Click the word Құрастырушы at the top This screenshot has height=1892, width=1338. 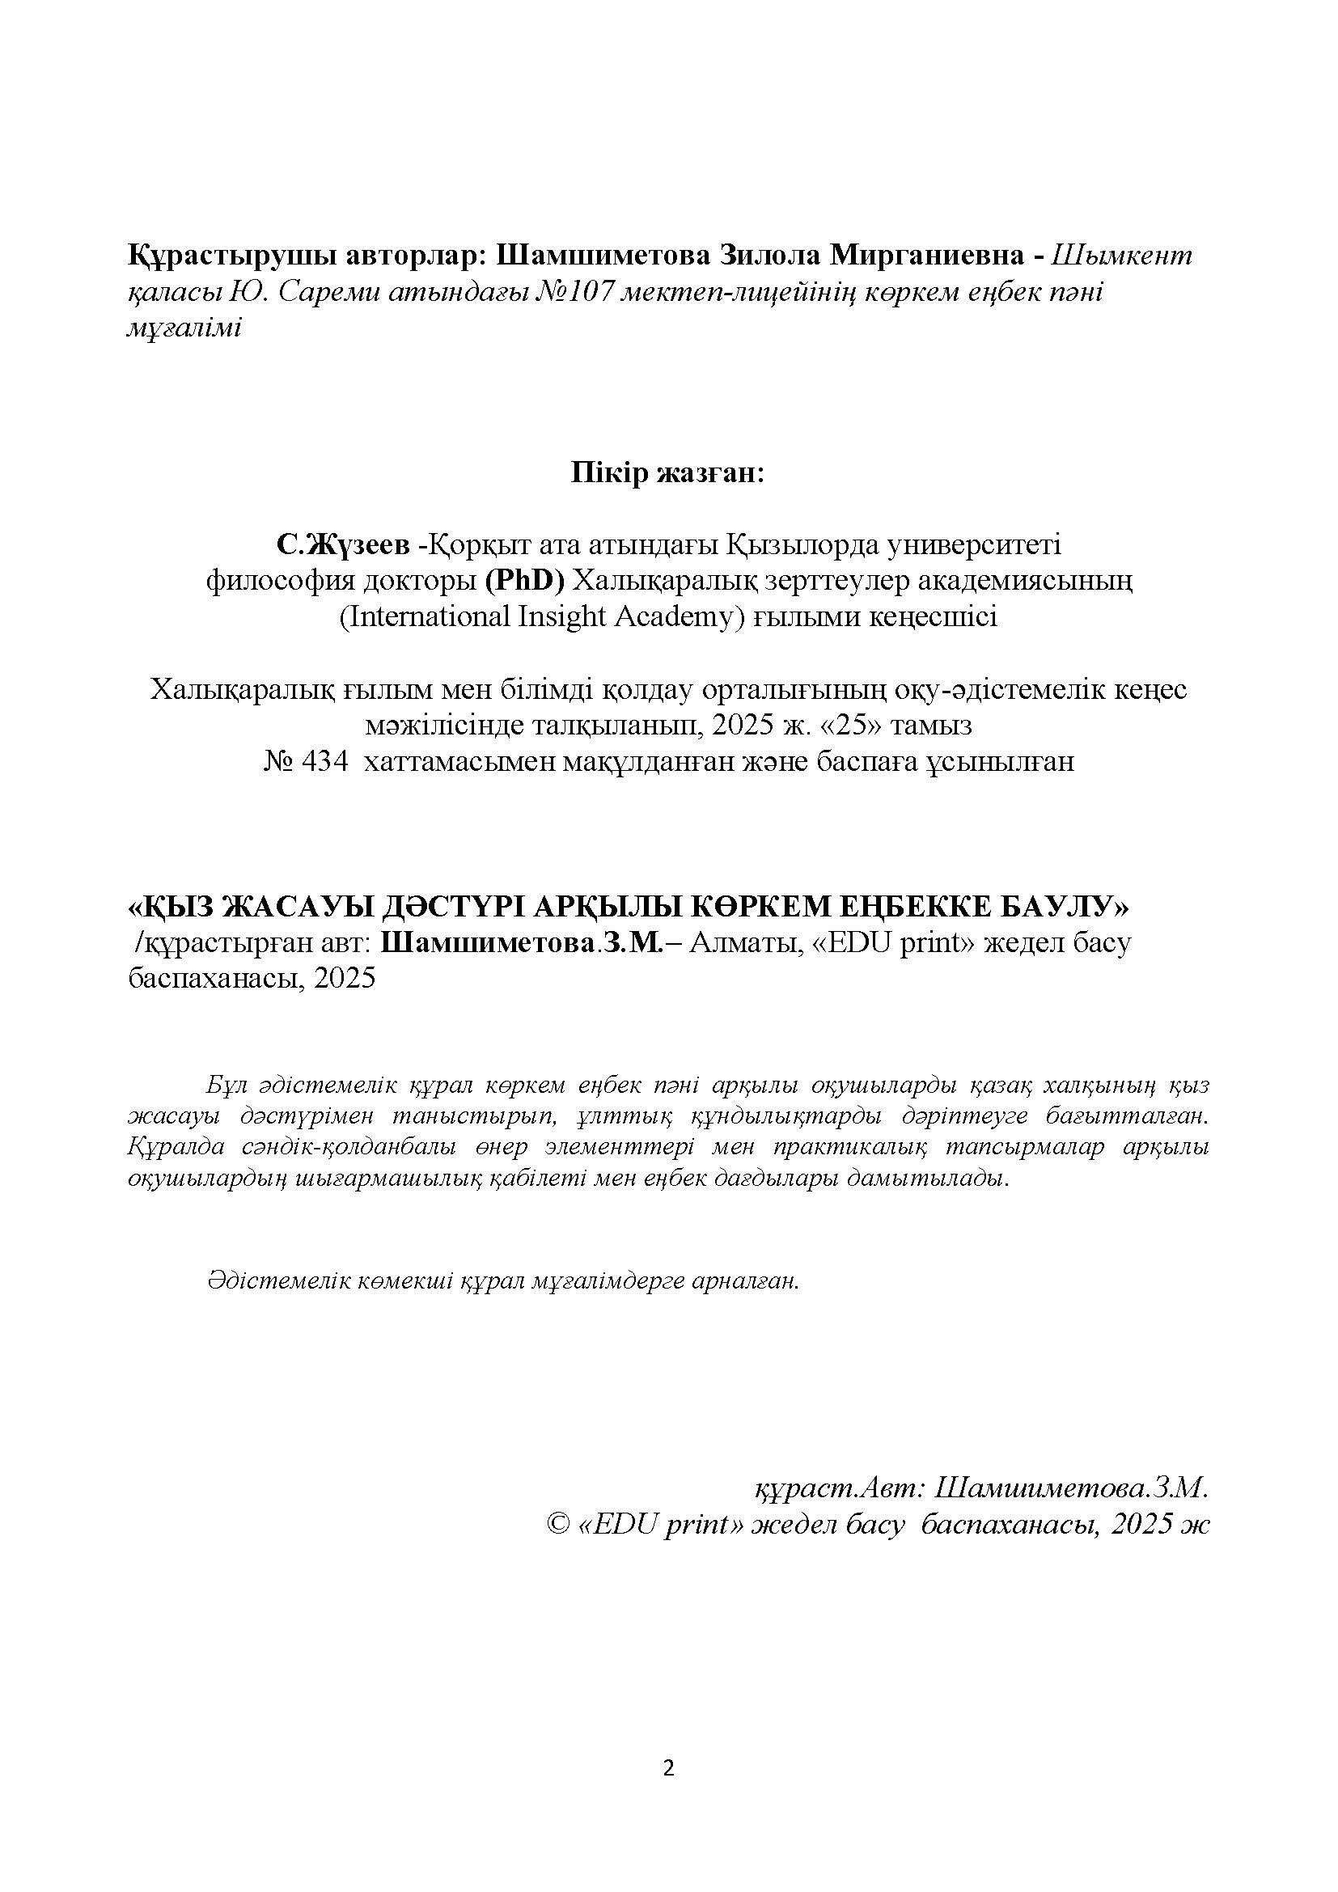[230, 256]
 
